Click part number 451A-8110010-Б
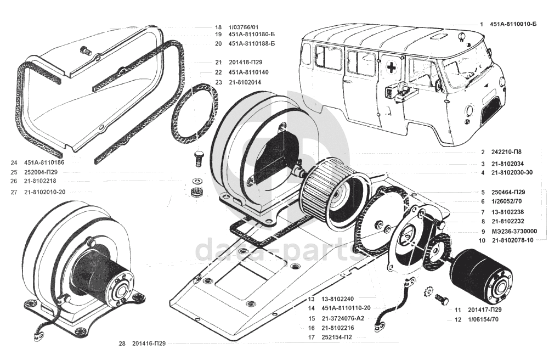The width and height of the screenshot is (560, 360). tap(513, 24)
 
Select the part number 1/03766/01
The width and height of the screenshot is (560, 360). tap(244, 27)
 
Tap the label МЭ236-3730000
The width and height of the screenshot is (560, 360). tap(514, 231)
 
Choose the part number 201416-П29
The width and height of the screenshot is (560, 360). tap(149, 344)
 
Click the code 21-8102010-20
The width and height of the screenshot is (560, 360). tap(45, 192)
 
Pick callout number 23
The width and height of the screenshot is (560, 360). tap(219, 82)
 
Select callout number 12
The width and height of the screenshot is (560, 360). tap(458, 319)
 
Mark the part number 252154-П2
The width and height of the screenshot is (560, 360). tap(337, 337)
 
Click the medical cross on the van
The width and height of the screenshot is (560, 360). tap(392, 67)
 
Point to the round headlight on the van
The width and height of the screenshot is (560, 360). tap(470, 110)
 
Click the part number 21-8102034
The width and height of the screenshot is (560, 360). tap(507, 164)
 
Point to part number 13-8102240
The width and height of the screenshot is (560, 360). tap(337, 299)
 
